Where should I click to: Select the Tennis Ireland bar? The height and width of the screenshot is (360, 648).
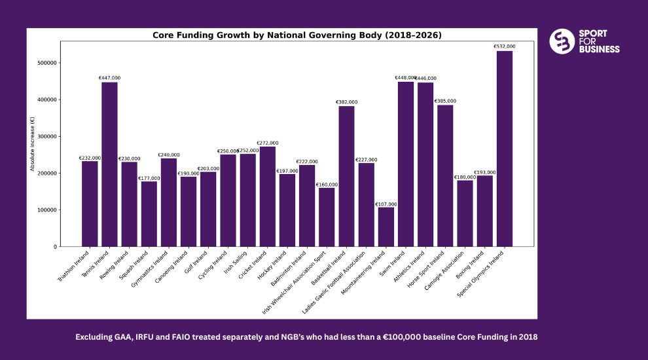(109, 164)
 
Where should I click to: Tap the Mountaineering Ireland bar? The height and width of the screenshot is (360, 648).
(386, 226)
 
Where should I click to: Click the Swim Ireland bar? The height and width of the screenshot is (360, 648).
(406, 164)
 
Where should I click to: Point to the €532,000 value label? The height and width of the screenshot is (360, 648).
(504, 46)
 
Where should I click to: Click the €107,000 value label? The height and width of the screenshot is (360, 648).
(386, 204)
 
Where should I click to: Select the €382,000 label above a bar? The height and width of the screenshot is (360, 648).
(346, 102)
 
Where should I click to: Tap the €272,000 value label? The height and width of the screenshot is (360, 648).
(267, 143)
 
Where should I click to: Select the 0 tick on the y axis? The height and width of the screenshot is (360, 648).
(55, 247)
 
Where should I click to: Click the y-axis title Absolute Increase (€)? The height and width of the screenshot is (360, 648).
(33, 144)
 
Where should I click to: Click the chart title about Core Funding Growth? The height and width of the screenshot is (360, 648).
(297, 35)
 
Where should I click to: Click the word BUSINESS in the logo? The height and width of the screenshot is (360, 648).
(599, 49)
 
